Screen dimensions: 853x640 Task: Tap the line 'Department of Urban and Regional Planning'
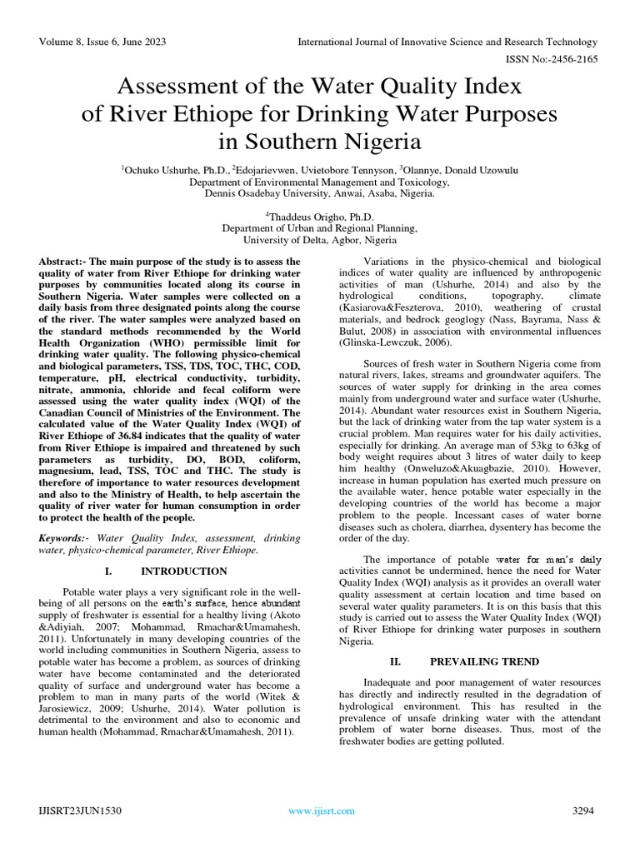coord(319,227)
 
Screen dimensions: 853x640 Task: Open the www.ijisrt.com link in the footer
coord(321,811)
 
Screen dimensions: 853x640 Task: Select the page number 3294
coord(585,811)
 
